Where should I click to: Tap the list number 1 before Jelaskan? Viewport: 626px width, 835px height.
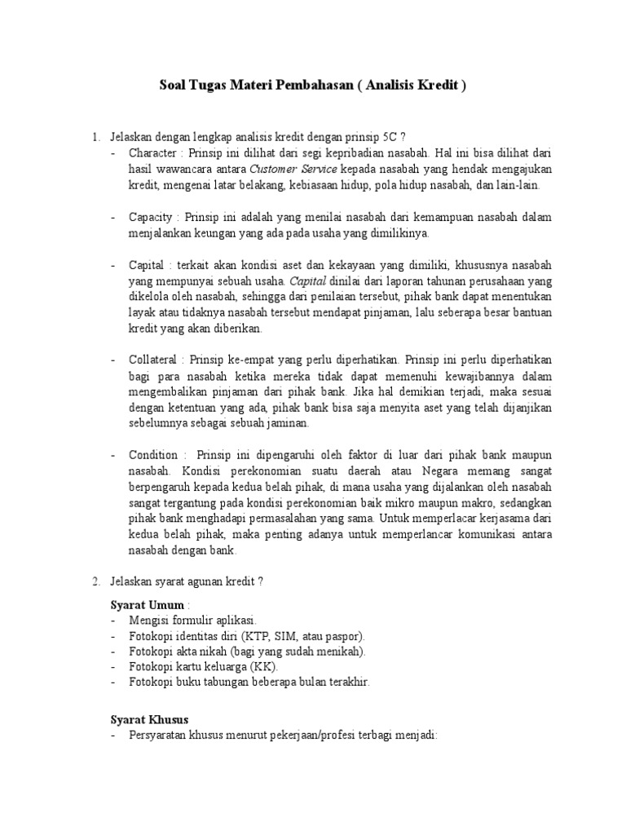(x=95, y=135)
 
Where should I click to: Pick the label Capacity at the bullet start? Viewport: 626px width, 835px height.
(x=151, y=218)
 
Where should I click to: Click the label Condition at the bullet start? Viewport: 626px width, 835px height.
(x=154, y=454)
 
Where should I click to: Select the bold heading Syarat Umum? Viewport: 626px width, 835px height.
(x=148, y=603)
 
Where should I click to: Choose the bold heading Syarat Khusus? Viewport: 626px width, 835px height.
(x=149, y=720)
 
